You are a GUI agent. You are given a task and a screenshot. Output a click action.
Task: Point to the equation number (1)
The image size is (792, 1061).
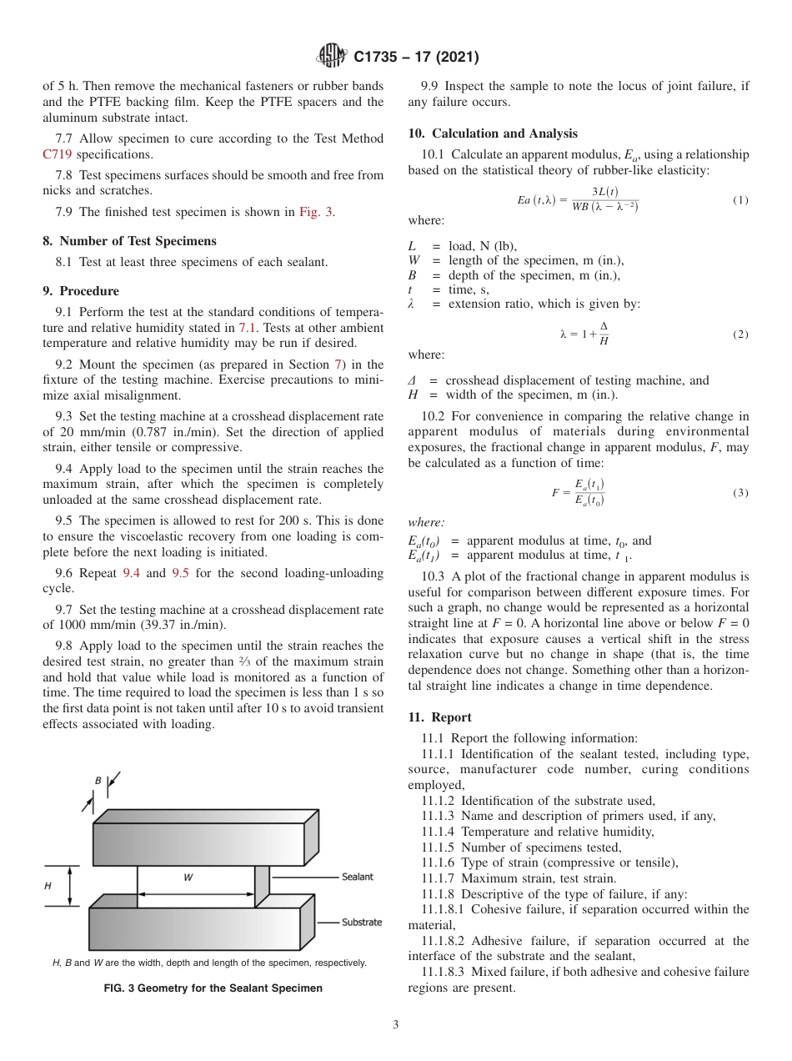point(740,200)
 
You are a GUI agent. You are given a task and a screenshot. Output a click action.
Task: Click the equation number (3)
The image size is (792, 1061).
point(740,493)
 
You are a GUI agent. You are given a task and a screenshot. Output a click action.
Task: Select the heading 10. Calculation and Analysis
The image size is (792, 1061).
point(493,133)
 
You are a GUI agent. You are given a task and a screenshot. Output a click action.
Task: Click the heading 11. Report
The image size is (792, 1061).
point(439,717)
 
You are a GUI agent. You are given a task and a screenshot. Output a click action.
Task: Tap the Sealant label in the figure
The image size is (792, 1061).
point(357,877)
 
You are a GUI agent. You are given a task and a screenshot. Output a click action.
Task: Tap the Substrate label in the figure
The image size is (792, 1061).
point(361,922)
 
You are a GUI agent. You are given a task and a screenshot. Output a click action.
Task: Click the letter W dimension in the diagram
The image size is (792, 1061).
point(188,877)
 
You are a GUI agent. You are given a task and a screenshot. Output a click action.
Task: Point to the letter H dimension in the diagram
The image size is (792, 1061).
point(48,886)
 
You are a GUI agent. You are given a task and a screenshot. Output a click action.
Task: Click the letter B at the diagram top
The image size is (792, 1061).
point(98,781)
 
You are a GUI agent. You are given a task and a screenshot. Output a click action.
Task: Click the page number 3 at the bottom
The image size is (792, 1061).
point(395,1025)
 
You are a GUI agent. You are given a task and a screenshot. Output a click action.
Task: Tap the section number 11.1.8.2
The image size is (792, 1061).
point(454,941)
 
